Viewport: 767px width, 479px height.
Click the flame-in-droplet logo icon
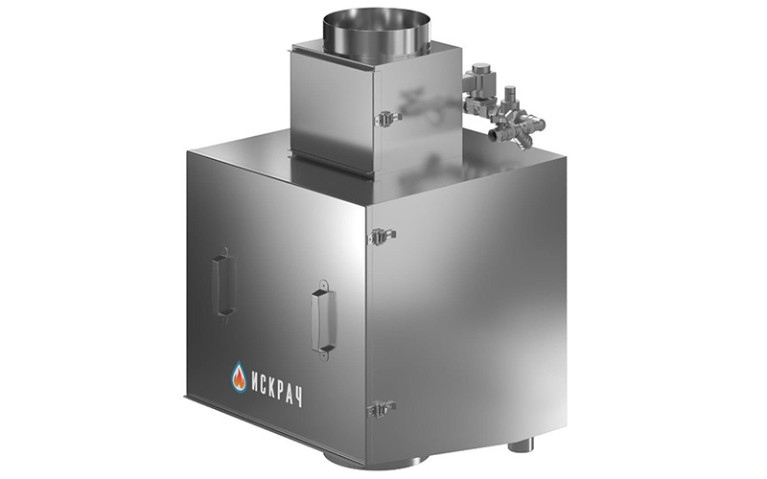(239, 376)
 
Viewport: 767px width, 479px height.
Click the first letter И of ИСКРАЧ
(256, 380)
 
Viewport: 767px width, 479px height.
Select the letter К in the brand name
(275, 388)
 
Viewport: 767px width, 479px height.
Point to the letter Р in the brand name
(284, 391)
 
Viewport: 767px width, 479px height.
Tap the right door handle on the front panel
(323, 320)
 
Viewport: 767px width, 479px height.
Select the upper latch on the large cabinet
(382, 235)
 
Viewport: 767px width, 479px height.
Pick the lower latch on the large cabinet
(382, 408)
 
